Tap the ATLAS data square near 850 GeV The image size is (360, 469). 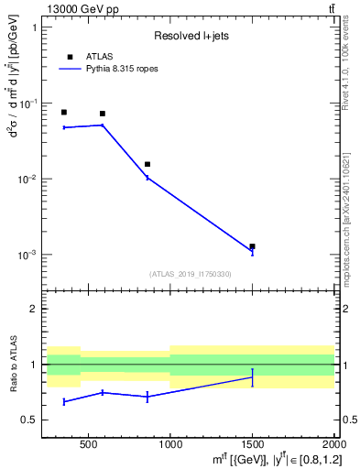coord(147,164)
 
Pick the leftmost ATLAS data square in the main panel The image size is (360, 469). coord(63,112)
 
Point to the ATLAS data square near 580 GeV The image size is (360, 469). coord(102,114)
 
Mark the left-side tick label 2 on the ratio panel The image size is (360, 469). coord(33,310)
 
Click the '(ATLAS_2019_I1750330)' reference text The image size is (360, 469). coord(190,274)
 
